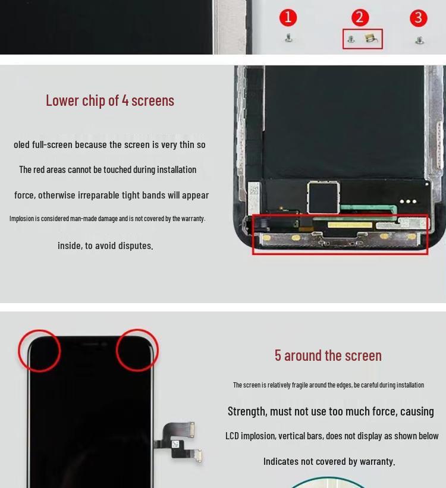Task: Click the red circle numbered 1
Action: [288, 17]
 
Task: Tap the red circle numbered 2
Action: [360, 17]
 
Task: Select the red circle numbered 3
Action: [419, 18]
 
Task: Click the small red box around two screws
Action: [363, 39]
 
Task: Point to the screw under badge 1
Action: [289, 39]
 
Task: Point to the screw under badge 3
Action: [419, 40]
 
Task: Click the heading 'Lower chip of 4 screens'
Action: [110, 100]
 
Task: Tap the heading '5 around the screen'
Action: [328, 355]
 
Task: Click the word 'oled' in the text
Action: [21, 144]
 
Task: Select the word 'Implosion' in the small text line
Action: [21, 219]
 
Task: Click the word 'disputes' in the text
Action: [136, 245]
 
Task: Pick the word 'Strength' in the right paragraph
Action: [247, 411]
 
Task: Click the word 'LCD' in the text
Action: [232, 436]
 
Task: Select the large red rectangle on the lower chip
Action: [340, 235]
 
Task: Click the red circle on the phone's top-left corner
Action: [39, 351]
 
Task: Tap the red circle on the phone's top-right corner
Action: [137, 350]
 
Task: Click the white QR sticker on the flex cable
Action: [175, 444]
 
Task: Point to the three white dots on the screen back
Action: [408, 202]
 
